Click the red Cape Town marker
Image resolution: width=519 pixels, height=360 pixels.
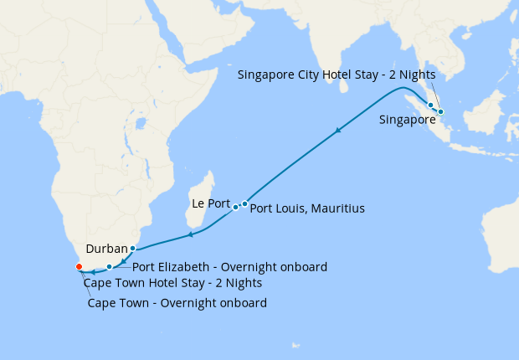pos(79,267)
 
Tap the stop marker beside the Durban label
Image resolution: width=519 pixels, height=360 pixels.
pos(132,249)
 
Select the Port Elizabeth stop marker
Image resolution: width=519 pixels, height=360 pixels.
pos(110,267)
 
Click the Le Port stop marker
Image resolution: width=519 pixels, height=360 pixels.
pos(235,207)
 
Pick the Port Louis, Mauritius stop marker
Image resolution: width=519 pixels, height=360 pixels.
pos(244,203)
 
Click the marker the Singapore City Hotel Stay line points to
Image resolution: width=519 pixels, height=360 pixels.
pos(440,111)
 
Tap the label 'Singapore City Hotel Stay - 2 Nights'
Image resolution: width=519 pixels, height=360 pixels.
pos(336,75)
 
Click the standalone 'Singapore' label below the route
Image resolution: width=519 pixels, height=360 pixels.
pos(408,121)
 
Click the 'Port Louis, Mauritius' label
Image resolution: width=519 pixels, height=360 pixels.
pos(307,208)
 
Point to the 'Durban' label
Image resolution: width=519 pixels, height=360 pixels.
pos(106,249)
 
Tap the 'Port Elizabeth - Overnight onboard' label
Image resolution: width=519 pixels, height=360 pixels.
pos(229,267)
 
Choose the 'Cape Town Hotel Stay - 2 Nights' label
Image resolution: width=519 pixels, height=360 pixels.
pos(167,283)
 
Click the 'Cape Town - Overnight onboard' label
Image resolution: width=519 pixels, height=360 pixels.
pos(177,303)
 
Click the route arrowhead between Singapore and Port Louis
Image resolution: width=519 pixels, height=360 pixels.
pos(338,131)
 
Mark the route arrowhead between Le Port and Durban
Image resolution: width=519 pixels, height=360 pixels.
pos(192,234)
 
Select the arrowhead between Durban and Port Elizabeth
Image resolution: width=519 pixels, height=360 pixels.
pos(123,262)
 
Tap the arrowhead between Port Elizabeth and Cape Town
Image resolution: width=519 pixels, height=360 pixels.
pos(94,271)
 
